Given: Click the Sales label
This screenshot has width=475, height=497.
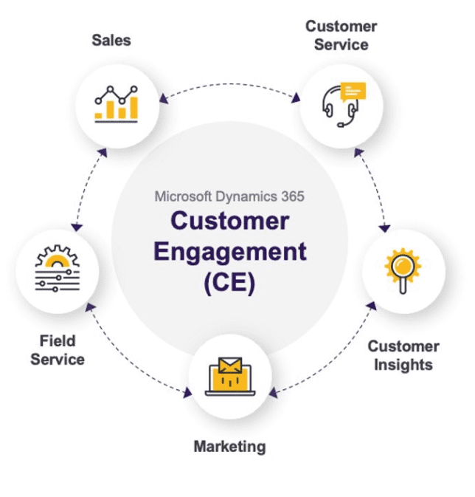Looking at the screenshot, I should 111,39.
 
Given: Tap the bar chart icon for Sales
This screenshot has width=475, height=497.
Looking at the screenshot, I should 116,103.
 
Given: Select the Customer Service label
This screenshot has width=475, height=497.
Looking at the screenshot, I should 341,35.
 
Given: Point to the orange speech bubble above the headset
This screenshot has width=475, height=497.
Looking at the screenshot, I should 353,92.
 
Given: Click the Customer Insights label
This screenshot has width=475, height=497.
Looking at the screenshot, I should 403,355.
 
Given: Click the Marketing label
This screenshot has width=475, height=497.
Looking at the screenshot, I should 229,446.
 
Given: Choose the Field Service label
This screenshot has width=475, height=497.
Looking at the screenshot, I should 58,351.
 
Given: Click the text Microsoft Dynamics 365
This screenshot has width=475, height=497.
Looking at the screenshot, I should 229,196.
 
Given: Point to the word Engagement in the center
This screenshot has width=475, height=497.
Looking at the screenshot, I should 229,251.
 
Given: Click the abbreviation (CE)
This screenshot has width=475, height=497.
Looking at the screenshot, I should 229,283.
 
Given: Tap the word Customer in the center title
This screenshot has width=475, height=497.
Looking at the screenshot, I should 229,220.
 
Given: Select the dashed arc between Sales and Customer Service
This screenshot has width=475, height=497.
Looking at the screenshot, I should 229,84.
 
